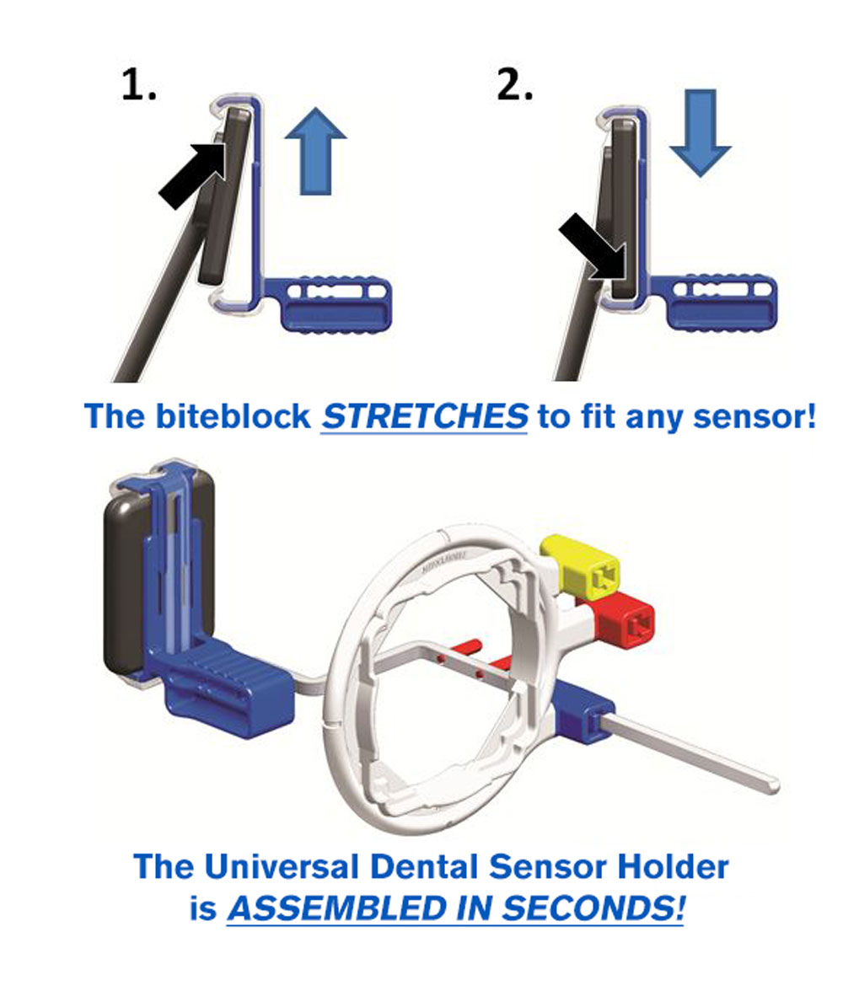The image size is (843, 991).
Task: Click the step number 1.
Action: pos(138,84)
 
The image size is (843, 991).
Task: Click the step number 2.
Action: pos(515,84)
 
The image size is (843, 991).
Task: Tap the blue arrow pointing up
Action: pos(315,151)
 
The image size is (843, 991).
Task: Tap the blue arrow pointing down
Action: pos(700,133)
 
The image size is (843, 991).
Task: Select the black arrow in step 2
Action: pos(593,246)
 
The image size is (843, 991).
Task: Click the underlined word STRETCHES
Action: pos(424,416)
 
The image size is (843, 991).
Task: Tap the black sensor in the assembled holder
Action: pos(126,585)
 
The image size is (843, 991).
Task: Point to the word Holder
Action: pos(673,866)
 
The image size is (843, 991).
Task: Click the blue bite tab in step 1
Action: pos(329,304)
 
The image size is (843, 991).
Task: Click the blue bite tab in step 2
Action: pos(715,303)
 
